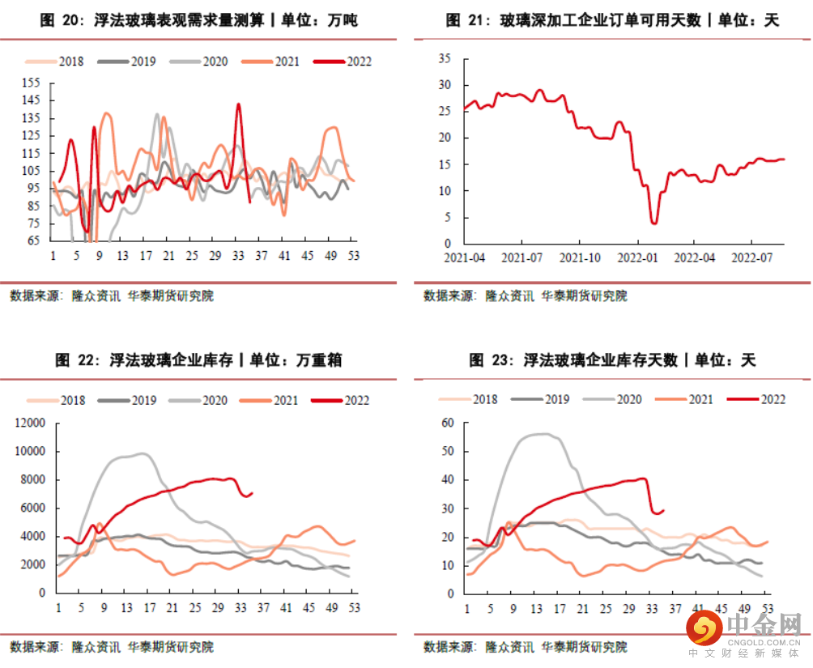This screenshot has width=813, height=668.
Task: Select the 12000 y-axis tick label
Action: (30, 423)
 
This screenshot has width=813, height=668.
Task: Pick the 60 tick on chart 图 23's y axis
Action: (447, 423)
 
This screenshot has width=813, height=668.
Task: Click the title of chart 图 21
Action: (612, 20)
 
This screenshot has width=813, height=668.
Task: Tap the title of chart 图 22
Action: (198, 360)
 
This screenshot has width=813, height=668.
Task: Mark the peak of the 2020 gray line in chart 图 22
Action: (142, 453)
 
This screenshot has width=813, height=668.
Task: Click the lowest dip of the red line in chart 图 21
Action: (653, 223)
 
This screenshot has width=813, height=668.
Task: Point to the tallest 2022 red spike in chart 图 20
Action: (238, 104)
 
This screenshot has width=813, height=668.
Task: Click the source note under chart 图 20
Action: (112, 296)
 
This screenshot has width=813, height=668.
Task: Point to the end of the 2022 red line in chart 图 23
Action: (664, 510)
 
